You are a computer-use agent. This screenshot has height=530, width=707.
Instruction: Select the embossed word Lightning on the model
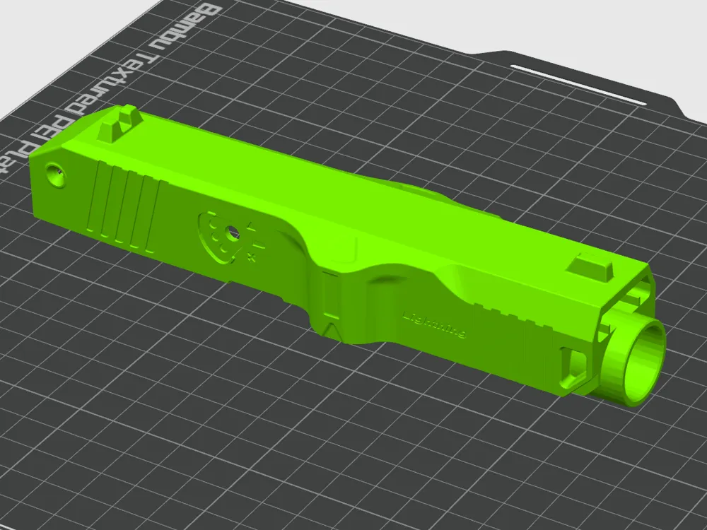433,325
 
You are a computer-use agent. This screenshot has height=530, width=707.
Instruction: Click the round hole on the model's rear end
56,172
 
